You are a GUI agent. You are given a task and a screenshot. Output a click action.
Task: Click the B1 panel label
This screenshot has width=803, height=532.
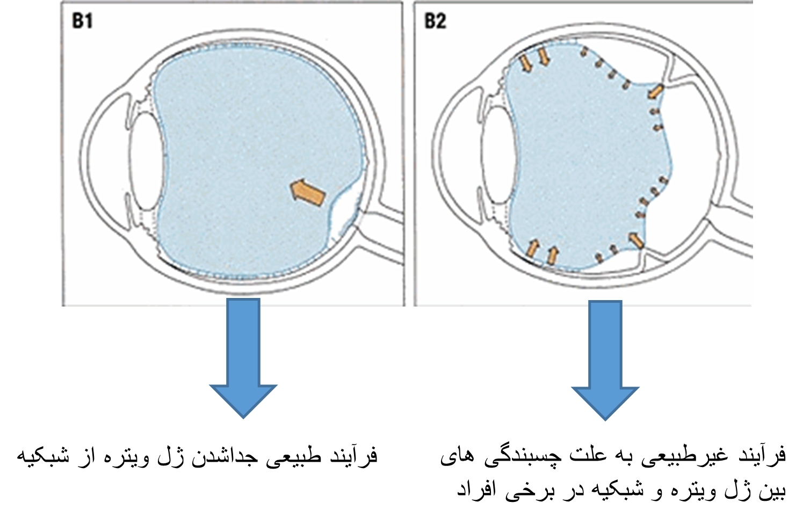83,21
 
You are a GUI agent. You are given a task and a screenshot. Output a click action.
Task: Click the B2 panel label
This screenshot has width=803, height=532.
435,21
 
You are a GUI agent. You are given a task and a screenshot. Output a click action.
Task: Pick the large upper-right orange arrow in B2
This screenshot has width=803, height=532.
655,91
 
